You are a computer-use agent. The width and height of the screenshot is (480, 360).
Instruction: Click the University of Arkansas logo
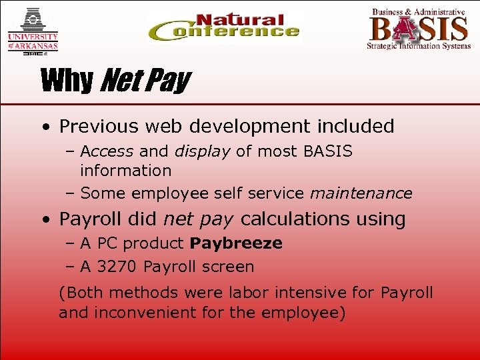point(33,31)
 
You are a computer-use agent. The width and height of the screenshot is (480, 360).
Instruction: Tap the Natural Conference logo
point(224,27)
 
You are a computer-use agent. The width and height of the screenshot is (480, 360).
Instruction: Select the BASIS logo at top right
point(418,28)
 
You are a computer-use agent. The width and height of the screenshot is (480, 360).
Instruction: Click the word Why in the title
point(67,81)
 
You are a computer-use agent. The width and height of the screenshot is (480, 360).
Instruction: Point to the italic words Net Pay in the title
point(143,81)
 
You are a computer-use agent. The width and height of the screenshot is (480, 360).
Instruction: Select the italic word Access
point(107,151)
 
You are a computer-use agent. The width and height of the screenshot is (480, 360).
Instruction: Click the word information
point(125,171)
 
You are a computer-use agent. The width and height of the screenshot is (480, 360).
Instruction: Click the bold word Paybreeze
point(238,243)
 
